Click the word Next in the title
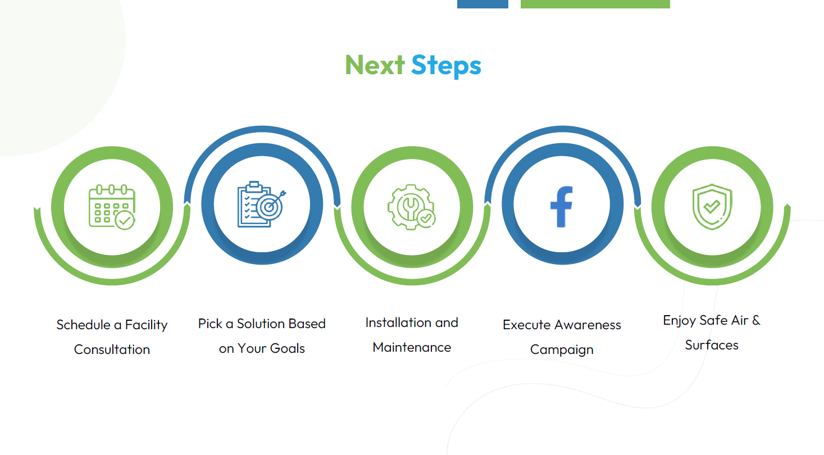point(375,65)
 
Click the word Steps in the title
point(446,66)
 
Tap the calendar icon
point(112,207)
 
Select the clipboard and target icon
point(262,204)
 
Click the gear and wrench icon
point(412,207)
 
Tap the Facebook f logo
point(561,207)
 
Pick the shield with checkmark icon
point(712,207)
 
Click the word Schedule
point(84,325)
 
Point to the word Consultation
point(112,349)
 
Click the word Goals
point(287,348)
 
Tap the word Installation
point(398,322)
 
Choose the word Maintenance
point(412,347)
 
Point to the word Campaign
point(562,350)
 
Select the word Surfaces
point(712,345)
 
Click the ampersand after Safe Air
point(756,320)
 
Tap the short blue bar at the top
point(482,4)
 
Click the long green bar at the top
point(595,4)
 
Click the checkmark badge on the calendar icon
point(125,220)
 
